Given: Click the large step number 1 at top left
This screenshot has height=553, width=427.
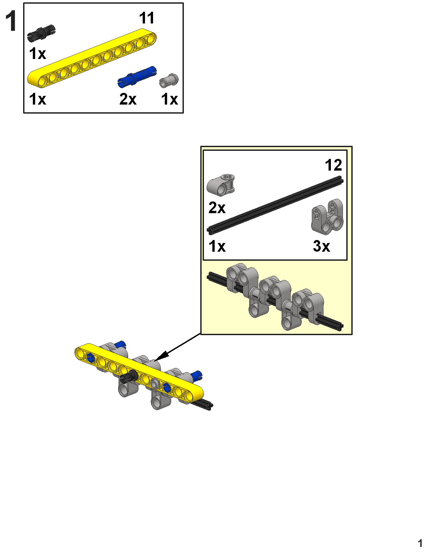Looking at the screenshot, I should pyautogui.click(x=11, y=21).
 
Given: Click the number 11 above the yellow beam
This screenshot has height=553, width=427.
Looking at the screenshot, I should pyautogui.click(x=147, y=18).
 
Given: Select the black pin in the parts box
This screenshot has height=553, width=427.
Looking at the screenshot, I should pyautogui.click(x=41, y=33).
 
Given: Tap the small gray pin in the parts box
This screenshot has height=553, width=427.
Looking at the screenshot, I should pyautogui.click(x=169, y=80).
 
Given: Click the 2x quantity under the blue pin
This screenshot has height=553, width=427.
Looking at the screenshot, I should pyautogui.click(x=128, y=99).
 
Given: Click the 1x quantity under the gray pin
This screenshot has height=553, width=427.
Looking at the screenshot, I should pyautogui.click(x=169, y=99).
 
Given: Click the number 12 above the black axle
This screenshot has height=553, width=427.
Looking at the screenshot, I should pyautogui.click(x=333, y=165).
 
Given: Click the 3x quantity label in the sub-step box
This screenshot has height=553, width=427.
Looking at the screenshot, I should pyautogui.click(x=322, y=246).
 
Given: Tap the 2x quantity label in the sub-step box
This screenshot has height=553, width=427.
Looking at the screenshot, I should pyautogui.click(x=217, y=208).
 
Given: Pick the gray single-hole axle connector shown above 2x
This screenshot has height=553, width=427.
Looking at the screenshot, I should pyautogui.click(x=221, y=184).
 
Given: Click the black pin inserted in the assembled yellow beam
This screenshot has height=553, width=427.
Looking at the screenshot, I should pyautogui.click(x=129, y=378).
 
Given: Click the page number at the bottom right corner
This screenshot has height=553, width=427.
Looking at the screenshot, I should pyautogui.click(x=420, y=543).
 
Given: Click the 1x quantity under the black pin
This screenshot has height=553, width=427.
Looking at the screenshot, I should pyautogui.click(x=38, y=54).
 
